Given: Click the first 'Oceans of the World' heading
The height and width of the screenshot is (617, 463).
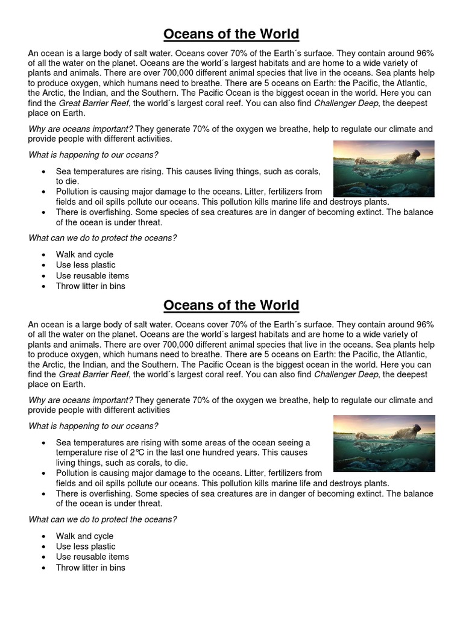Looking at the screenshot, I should tap(231, 33).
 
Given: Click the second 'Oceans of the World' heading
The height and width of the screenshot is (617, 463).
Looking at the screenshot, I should tap(231, 305).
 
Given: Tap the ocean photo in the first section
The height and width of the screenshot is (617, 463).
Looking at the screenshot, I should tap(383, 168).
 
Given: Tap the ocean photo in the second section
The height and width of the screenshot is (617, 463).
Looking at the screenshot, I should tap(383, 443).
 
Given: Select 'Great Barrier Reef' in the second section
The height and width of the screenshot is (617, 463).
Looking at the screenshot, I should tap(95, 374).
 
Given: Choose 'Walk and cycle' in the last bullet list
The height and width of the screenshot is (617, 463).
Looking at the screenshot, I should tap(84, 536).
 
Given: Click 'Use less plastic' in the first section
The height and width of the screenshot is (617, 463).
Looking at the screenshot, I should tap(86, 265).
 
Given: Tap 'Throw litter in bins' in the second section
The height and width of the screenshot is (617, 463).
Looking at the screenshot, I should tap(90, 567).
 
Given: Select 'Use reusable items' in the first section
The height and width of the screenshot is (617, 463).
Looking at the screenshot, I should tap(92, 275).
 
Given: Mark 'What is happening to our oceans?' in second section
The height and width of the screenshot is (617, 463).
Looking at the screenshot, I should tap(93, 426).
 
